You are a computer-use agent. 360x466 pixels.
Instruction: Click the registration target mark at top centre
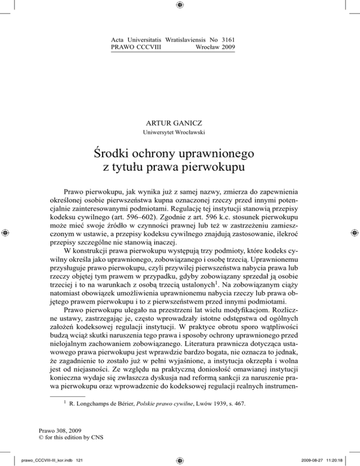[180, 6]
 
